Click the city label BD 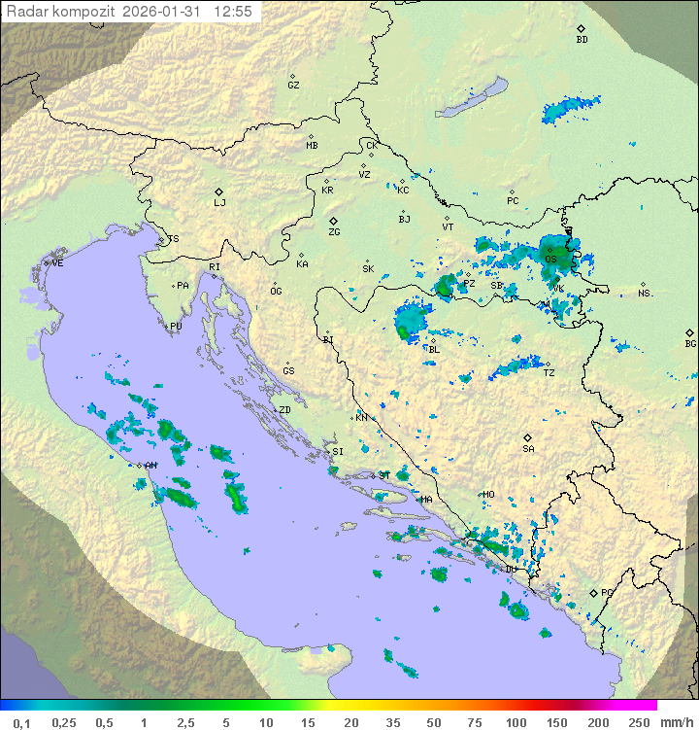click(582, 40)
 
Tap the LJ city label click(219, 203)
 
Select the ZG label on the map click(334, 232)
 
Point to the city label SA click(528, 449)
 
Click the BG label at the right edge click(690, 343)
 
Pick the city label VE click(57, 263)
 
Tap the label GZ click(293, 86)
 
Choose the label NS click(644, 294)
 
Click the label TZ click(549, 373)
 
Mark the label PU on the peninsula click(176, 327)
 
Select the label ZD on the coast click(284, 410)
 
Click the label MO click(488, 495)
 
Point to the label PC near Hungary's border click(513, 201)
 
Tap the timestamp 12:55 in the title click(233, 12)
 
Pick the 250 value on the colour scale click(638, 722)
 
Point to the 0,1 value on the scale click(21, 722)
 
